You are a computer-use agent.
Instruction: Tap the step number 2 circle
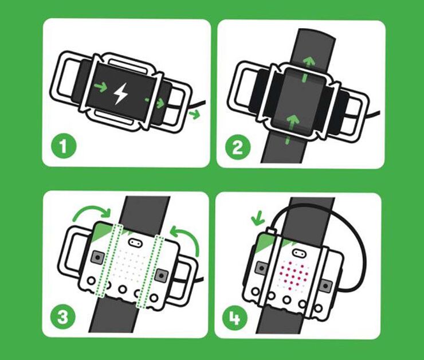237,148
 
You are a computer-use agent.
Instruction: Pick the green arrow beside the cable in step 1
195,114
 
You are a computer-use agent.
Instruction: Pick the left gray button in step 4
262,267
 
